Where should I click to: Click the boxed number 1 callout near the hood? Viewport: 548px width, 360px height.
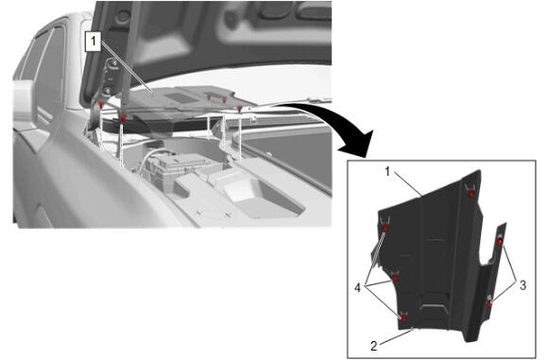tap(94, 42)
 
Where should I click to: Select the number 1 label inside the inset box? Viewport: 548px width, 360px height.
tap(387, 172)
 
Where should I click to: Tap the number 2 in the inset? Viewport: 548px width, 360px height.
tap(374, 346)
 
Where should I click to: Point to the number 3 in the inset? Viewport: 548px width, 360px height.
tap(522, 285)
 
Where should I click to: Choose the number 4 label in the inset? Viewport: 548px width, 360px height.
tap(357, 287)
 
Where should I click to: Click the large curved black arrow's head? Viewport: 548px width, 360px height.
tap(359, 144)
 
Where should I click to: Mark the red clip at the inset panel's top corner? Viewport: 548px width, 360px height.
tap(471, 194)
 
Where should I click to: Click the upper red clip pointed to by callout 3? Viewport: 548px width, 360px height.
tap(500, 242)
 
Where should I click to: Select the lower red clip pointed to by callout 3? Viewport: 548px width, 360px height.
tap(490, 304)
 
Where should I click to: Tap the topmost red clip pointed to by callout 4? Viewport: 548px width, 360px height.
tap(385, 228)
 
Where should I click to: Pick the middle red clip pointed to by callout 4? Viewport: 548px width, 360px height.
tap(395, 278)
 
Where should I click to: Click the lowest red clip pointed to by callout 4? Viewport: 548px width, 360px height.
tap(404, 318)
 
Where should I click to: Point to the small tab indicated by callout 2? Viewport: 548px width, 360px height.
tap(414, 329)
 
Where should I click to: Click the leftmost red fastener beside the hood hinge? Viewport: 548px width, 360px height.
tap(101, 106)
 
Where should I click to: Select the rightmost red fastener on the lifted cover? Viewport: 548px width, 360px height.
tap(239, 110)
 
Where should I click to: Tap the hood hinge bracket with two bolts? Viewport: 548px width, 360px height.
tap(110, 77)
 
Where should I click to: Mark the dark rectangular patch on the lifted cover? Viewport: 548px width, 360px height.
tap(180, 98)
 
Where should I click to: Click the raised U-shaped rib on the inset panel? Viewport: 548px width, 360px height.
tap(434, 309)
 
